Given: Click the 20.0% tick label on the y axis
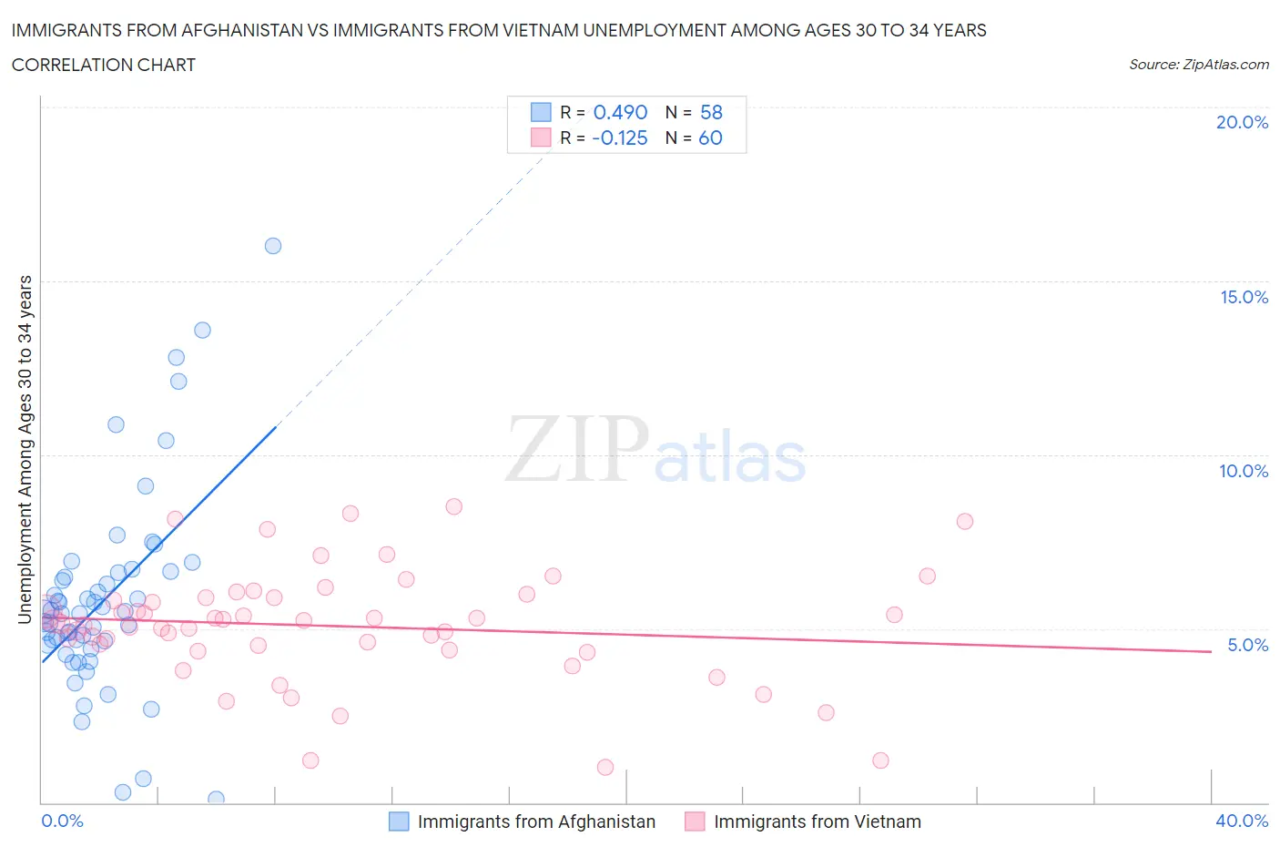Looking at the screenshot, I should (1242, 122).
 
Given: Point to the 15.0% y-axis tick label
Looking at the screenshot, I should (1244, 297).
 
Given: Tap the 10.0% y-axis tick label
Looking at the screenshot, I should (1244, 471).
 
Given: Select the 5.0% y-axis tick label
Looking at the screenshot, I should (1247, 645).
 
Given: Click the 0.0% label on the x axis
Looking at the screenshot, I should (62, 821).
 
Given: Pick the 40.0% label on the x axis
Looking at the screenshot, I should (1242, 821).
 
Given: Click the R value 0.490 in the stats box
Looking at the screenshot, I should (620, 112).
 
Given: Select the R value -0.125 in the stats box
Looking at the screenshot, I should (619, 138).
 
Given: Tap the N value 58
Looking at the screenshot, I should (711, 112).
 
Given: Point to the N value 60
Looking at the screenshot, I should (710, 138).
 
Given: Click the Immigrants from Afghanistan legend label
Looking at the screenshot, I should (536, 821).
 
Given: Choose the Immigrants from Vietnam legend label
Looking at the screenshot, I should (817, 821).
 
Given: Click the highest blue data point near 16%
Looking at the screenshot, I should (273, 246).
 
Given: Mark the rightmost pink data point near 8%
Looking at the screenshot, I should (965, 521).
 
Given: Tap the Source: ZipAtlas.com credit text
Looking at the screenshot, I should (1198, 64).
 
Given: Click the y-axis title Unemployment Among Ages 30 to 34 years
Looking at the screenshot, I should (25, 449).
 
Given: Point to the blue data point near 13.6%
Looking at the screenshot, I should (202, 330).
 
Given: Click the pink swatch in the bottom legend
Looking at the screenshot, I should (695, 821).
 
